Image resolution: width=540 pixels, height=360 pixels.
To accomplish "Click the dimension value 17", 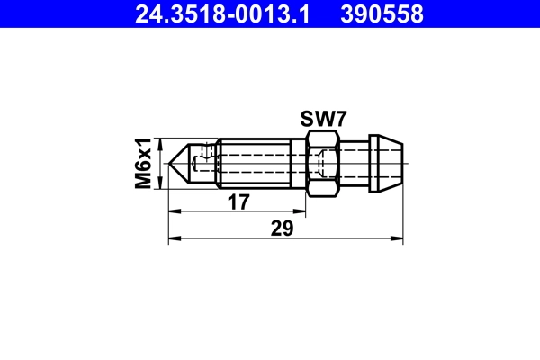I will pyautogui.click(x=238, y=203).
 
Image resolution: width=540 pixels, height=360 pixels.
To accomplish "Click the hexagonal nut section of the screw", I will pyautogui.click(x=323, y=163).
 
